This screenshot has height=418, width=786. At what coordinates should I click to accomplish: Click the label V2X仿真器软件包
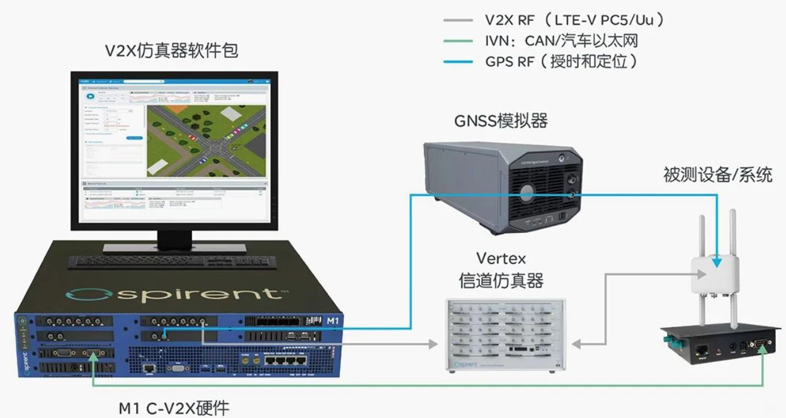tap(171, 50)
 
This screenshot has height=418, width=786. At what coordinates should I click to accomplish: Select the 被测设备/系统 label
tap(717, 174)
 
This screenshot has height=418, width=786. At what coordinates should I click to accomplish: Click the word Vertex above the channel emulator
tap(501, 258)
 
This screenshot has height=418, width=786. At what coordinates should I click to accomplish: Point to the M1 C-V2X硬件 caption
tap(174, 407)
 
